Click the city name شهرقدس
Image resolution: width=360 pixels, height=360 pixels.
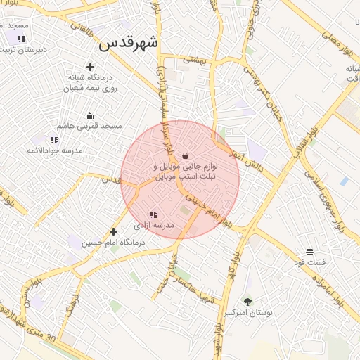(129, 44)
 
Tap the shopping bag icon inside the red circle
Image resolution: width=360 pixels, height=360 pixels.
(185, 155)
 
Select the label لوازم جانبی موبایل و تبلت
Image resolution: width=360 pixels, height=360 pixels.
(186, 172)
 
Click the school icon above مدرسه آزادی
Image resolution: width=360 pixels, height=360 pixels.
(153, 214)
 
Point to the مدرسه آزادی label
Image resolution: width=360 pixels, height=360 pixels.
(153, 226)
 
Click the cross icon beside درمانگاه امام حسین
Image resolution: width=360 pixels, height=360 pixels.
(113, 231)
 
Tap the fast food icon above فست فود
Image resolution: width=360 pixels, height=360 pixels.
(309, 252)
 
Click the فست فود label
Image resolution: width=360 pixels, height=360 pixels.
(309, 262)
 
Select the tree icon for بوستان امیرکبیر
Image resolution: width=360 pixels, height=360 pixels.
(247, 301)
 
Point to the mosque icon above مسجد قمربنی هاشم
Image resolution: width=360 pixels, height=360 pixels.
(89, 115)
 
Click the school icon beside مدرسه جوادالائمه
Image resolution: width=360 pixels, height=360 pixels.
(54, 140)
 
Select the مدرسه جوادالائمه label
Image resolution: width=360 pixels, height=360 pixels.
(54, 150)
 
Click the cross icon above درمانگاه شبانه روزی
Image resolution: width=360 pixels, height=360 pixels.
(91, 67)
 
